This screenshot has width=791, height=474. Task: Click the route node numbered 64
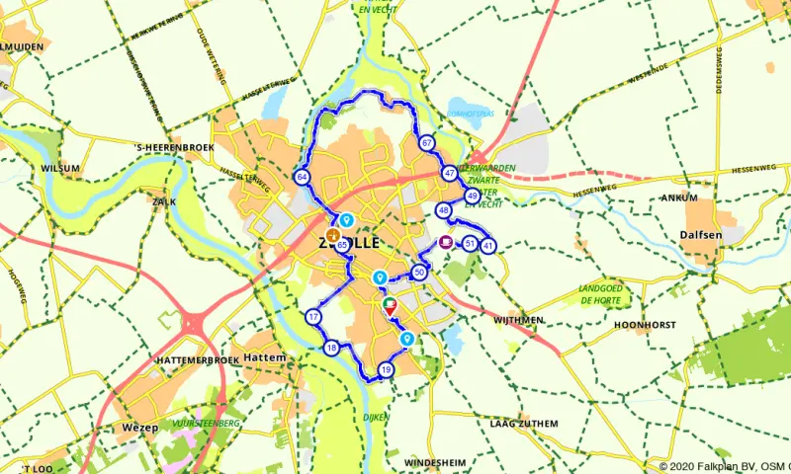[x=301, y=177]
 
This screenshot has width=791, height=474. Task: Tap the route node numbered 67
[x=426, y=143]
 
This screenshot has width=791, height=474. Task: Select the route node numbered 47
[x=450, y=174]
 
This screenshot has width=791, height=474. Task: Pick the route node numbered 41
[x=487, y=245]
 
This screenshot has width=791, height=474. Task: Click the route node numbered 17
[x=313, y=317]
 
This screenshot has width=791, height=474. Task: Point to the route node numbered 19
[x=386, y=370]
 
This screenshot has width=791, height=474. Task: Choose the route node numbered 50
[x=420, y=272]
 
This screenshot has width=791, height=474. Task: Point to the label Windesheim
[x=436, y=462]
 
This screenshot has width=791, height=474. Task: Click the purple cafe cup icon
[x=446, y=242]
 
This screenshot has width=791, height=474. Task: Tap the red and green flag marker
[x=391, y=305]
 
